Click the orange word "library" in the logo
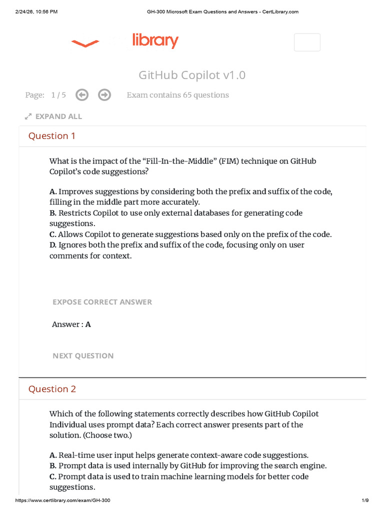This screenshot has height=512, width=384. coord(155,41)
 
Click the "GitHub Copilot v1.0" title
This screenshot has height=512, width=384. coord(192,75)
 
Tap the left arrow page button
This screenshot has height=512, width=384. coord(82,94)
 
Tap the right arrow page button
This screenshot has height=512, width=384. coord(104,94)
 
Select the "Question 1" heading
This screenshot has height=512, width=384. coord(52,136)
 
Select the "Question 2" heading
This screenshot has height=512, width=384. coord(52,389)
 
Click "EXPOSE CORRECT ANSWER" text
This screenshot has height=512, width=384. coord(102,302)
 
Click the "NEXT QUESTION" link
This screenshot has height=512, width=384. coord(83,356)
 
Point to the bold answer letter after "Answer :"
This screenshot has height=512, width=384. coord(88,324)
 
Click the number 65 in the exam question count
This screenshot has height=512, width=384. coord(186,95)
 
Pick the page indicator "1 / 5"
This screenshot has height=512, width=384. coord(58,95)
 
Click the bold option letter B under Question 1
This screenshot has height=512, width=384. coord(52,213)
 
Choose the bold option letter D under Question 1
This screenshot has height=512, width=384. coord(52,245)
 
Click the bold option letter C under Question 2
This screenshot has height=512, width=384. coord(52,476)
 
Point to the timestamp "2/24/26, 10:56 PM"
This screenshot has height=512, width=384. coord(36,12)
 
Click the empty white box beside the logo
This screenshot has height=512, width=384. coord(307,42)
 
